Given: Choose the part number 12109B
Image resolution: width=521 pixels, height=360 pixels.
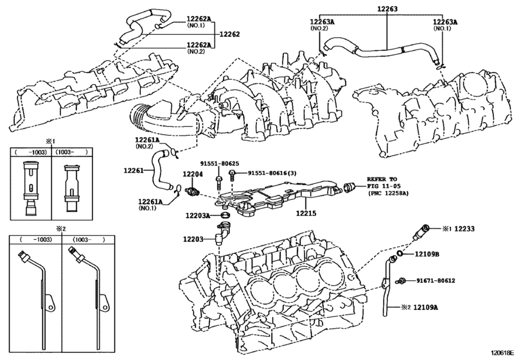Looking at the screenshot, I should (x=426, y=255).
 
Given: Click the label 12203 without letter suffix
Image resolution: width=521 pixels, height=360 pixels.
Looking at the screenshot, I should (x=192, y=239).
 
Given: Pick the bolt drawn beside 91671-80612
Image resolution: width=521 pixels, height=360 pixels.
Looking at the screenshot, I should (x=402, y=280).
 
